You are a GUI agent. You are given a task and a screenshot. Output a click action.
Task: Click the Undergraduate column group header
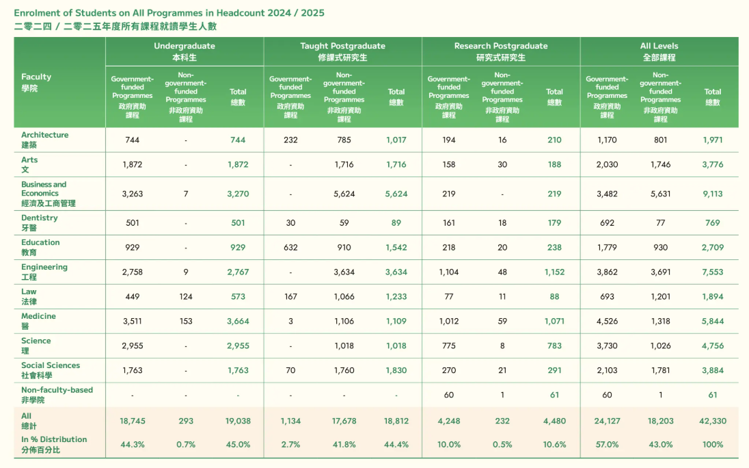click(185, 51)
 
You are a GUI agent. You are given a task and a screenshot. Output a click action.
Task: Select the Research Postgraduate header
click(501, 51)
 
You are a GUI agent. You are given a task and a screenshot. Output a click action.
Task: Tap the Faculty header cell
click(36, 82)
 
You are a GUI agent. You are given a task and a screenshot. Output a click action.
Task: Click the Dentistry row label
click(40, 222)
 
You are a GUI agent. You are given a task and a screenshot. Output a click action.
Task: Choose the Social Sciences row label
click(50, 370)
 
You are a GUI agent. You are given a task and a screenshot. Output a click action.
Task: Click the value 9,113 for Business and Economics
click(713, 194)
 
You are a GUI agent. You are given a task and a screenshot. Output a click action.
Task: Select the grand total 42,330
click(713, 421)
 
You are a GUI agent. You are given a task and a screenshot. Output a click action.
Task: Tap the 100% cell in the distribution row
click(713, 445)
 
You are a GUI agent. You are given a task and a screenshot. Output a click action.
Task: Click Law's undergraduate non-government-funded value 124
click(185, 297)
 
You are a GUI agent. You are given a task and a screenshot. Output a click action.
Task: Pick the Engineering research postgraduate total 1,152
click(554, 272)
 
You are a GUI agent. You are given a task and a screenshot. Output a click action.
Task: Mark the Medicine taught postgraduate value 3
click(290, 322)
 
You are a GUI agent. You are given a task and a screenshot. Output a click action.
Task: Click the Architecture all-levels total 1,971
click(713, 140)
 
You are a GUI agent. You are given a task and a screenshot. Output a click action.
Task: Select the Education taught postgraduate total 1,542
click(396, 248)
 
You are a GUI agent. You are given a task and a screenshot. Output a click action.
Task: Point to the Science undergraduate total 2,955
click(238, 346)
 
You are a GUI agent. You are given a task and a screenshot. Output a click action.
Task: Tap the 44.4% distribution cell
click(396, 445)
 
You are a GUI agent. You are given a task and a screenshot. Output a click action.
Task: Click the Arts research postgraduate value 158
click(448, 165)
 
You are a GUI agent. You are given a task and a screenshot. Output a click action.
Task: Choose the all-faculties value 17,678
click(344, 421)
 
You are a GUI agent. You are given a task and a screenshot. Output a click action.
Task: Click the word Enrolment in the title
click(35, 13)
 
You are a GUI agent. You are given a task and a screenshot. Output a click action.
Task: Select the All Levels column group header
click(659, 51)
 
